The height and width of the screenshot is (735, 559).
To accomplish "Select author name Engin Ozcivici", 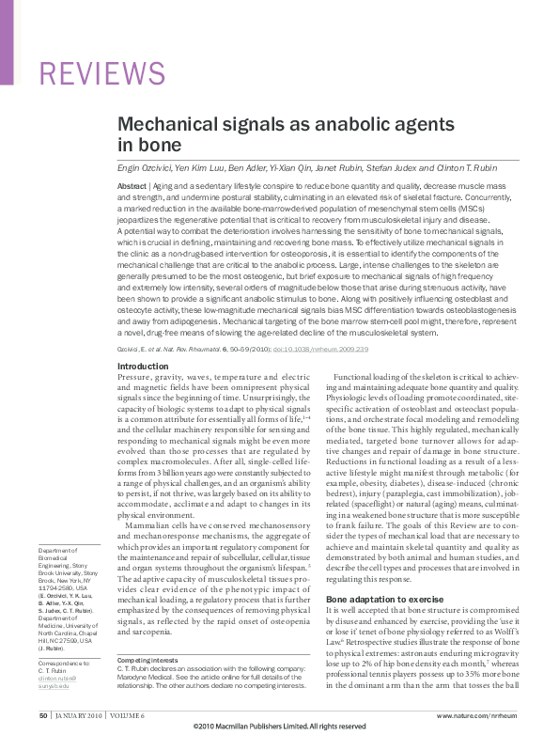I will pos(145,168).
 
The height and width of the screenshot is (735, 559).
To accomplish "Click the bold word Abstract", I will pos(132,187).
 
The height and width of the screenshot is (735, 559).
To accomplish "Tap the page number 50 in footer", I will pos(43,716).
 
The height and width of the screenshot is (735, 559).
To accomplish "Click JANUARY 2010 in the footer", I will pos(78,716).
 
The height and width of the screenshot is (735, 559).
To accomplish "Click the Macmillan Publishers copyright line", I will pos(279,727).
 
